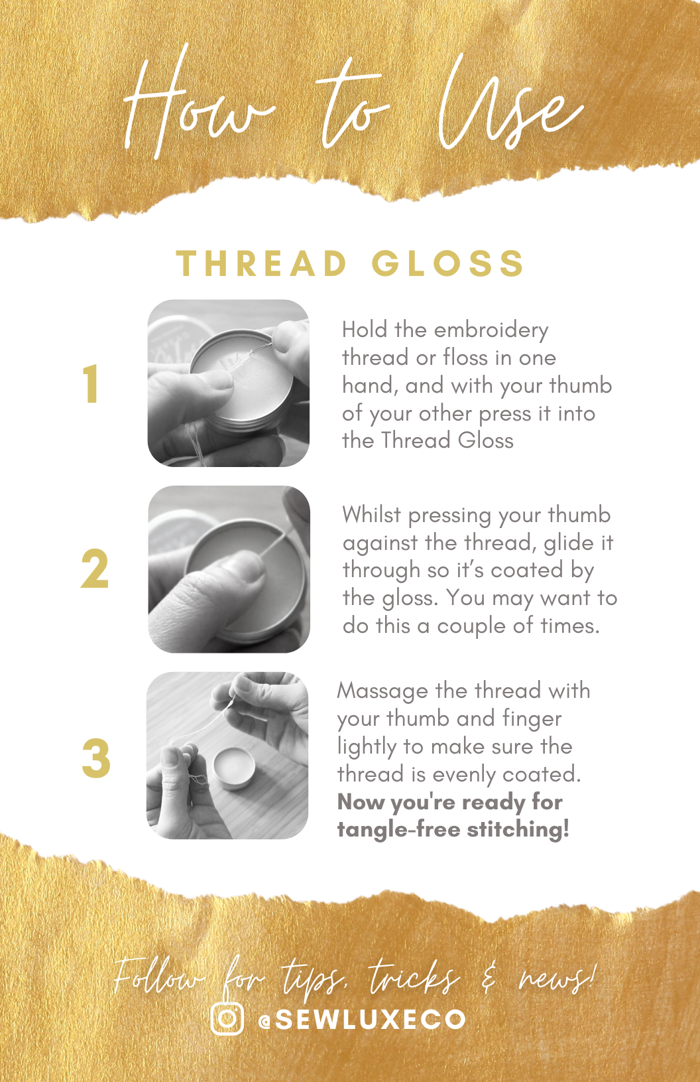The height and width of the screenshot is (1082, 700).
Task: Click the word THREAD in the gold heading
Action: coord(261,264)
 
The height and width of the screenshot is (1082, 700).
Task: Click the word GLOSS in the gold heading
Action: coord(447,264)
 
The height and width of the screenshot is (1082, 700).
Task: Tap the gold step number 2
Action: coord(95,569)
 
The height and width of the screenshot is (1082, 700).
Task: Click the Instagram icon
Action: coord(227,1018)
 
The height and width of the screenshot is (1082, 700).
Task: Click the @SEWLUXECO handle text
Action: coord(362,1019)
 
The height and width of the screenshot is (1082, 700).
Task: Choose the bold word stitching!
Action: coord(518,830)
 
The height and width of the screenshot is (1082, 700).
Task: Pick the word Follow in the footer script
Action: coord(159,977)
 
